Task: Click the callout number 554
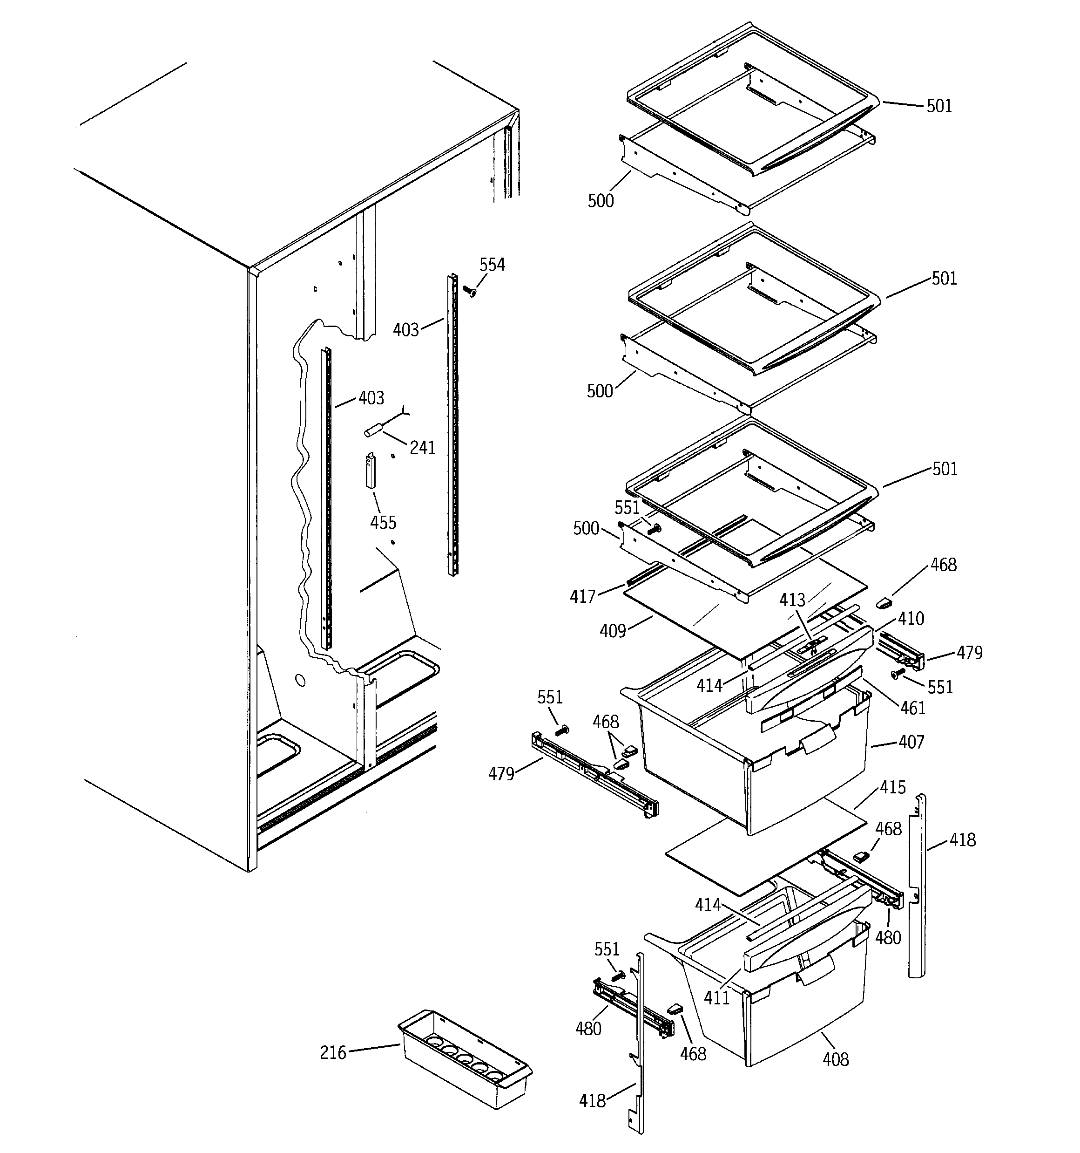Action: [492, 265]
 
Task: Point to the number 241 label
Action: [422, 447]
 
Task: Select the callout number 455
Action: [383, 523]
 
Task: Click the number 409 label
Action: [613, 630]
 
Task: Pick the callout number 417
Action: [583, 597]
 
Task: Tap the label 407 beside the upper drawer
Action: [911, 742]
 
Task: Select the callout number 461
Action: [912, 708]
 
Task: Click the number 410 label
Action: [911, 619]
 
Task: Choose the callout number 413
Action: [792, 600]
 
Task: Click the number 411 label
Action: [716, 997]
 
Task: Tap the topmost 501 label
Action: [938, 106]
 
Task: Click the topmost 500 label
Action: [601, 201]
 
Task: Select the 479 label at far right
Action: [969, 653]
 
